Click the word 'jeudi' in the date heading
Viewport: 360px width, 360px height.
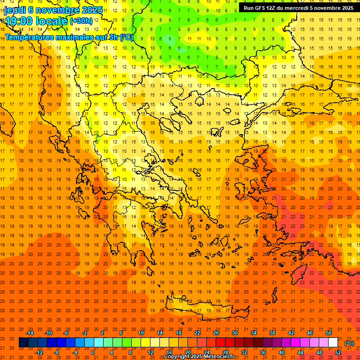[15, 10]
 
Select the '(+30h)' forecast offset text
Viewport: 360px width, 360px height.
[81, 21]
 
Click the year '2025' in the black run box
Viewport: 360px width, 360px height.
[344, 8]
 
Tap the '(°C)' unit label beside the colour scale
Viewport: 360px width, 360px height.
[349, 343]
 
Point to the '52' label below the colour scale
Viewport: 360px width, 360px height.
[338, 352]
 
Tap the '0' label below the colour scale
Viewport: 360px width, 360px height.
[93, 352]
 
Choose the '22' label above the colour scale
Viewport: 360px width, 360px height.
[197, 333]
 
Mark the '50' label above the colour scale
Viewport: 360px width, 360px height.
[329, 333]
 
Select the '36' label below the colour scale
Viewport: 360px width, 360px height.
[263, 352]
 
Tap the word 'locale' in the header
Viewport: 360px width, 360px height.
[52, 21]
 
